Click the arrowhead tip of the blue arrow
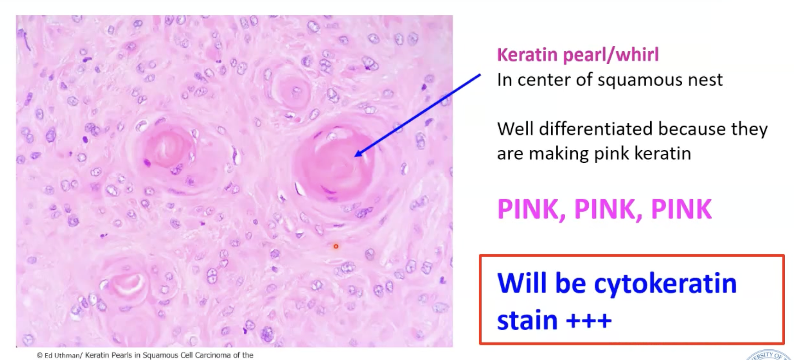click(356, 156)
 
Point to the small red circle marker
click(335, 246)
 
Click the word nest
click(706, 80)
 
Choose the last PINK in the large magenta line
click(681, 209)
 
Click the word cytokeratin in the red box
click(665, 283)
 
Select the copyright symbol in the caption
click(40, 355)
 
